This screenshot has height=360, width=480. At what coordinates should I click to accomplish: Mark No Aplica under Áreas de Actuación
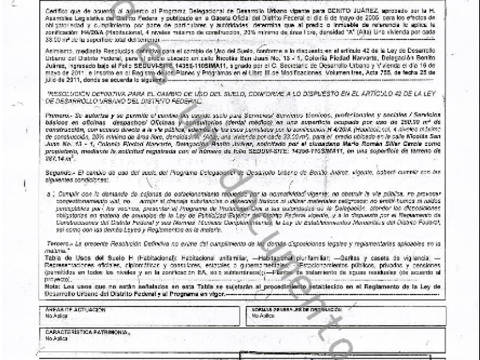54,314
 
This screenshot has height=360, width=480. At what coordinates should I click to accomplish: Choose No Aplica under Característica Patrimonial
54,337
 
